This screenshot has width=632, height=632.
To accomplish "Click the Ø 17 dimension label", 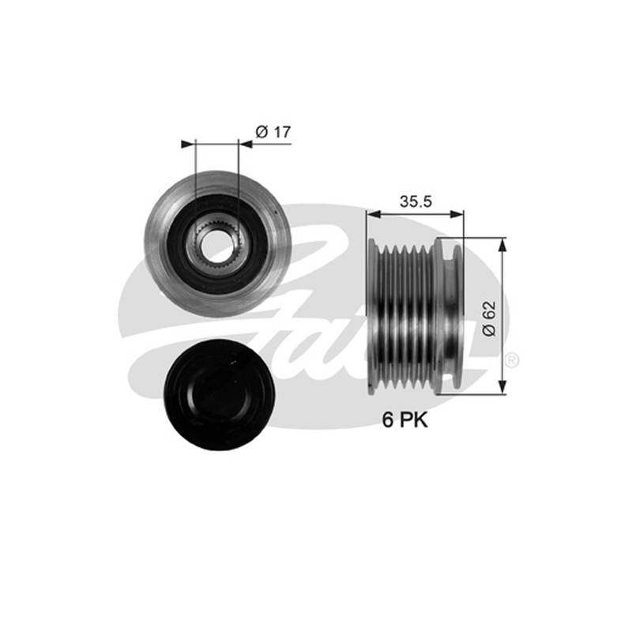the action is tap(273, 132).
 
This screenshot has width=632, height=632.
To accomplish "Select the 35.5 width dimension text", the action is tap(416, 201).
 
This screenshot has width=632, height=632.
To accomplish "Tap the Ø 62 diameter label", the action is tap(489, 318).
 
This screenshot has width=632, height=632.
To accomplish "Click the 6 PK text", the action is tap(404, 420).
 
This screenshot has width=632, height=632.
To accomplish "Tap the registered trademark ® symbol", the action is tap(511, 360).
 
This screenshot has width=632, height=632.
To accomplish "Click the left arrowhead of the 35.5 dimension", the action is tap(374, 215).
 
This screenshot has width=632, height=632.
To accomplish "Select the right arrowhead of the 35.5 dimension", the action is tap(457, 215).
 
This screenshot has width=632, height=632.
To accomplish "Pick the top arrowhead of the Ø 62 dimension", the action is tap(502, 245).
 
